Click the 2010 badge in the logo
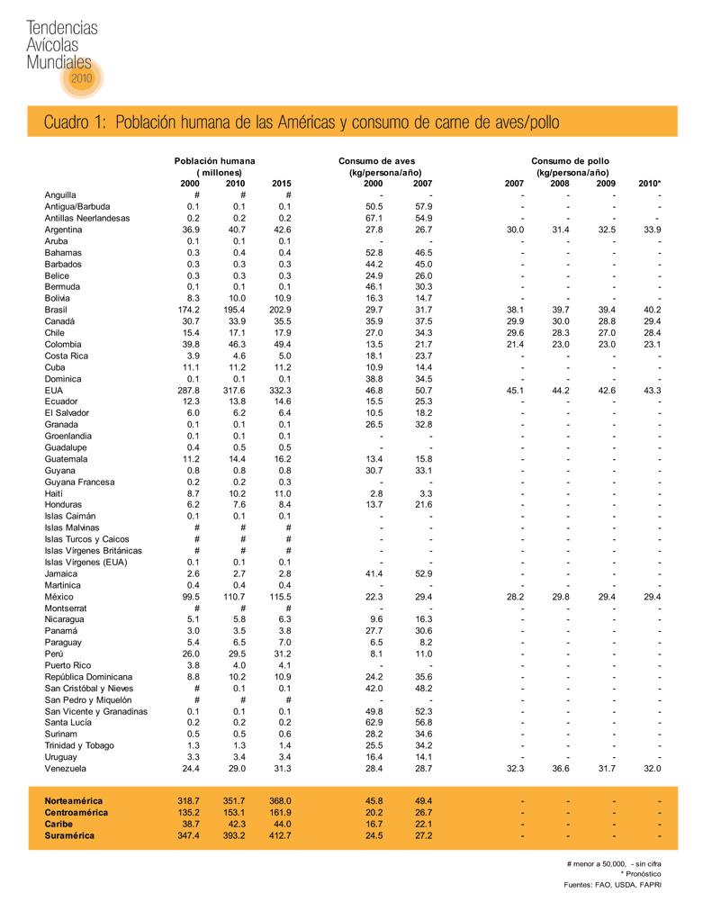[x=81, y=78]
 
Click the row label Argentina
[x=65, y=230]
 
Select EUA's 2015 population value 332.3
[x=281, y=390]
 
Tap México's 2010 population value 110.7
[x=234, y=597]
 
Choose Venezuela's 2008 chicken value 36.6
[x=561, y=769]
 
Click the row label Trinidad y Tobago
[x=79, y=746]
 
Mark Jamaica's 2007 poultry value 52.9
[x=423, y=573]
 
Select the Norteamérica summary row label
[x=74, y=800]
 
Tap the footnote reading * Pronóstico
[x=641, y=874]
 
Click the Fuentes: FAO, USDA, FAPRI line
[x=611, y=886]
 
